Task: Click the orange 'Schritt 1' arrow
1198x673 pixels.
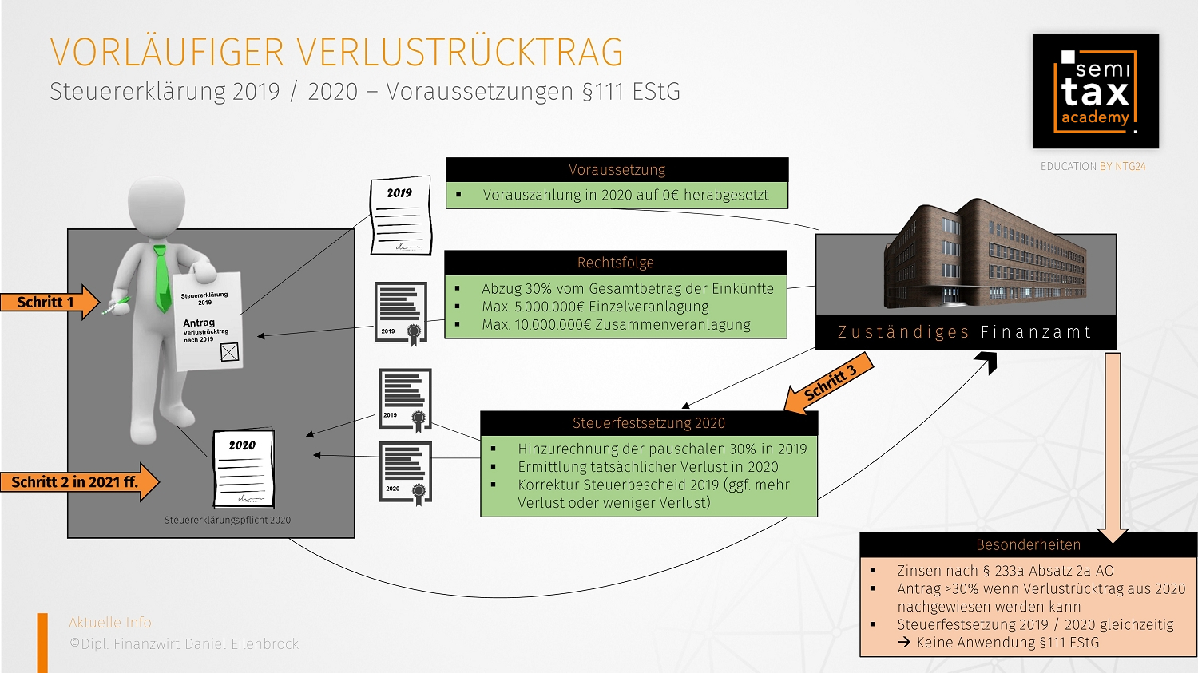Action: click(x=48, y=303)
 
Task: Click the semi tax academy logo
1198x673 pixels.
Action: click(x=1095, y=91)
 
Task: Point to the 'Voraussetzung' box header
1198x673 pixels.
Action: click(x=617, y=170)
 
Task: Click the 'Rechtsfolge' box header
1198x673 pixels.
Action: click(x=615, y=263)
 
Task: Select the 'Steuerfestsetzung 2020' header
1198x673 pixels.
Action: click(x=649, y=423)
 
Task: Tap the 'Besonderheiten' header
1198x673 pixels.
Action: click(x=1028, y=545)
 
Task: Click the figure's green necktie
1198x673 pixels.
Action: click(x=162, y=279)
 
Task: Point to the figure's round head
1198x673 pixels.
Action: click(x=157, y=206)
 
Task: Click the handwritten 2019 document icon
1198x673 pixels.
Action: click(x=400, y=216)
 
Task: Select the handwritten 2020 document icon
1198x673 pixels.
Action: click(x=244, y=469)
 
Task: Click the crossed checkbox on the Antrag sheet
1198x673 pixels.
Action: click(x=229, y=352)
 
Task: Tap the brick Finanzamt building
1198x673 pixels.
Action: click(x=982, y=255)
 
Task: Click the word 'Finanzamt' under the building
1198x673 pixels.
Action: click(x=1036, y=332)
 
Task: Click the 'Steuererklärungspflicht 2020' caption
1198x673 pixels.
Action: click(x=228, y=521)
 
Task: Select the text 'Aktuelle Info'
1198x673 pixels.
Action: click(x=110, y=623)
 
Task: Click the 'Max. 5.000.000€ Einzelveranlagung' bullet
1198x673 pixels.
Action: click(x=595, y=307)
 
